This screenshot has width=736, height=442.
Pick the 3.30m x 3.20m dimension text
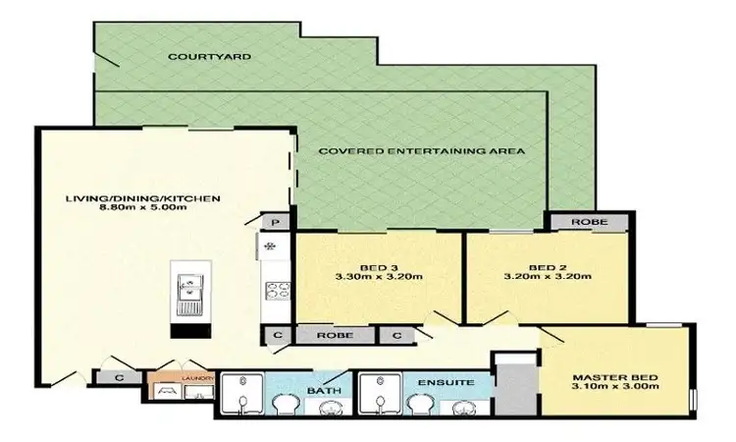pos(378,277)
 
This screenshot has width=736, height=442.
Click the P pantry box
pos(276,222)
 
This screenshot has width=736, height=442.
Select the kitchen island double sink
pos(186,288)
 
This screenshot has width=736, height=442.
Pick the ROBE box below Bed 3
pos(336,335)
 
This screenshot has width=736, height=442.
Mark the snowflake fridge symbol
pos(271,245)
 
